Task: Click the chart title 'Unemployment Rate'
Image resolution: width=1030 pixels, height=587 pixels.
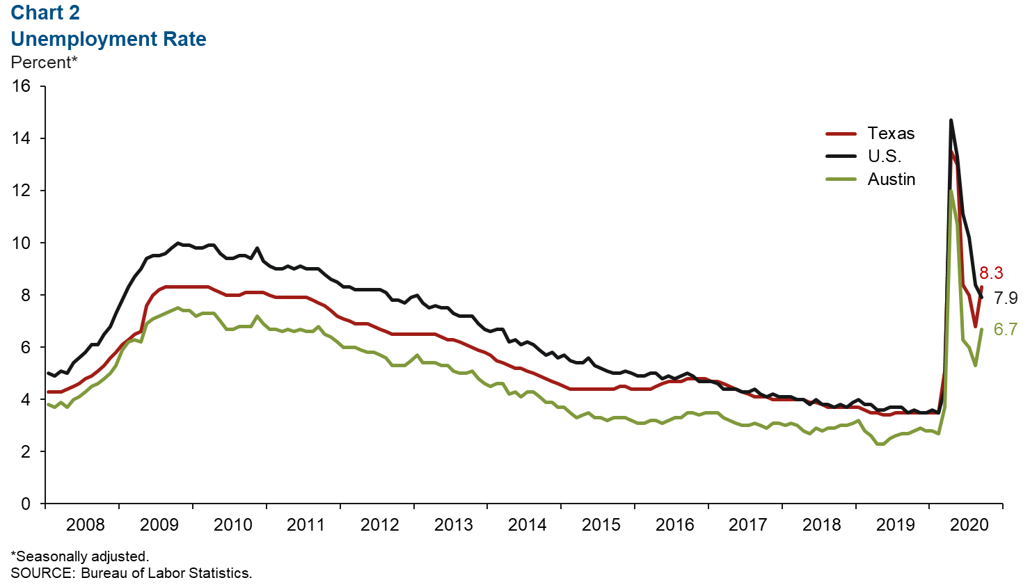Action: tap(109, 39)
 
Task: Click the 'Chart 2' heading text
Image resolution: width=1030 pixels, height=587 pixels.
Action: tap(45, 13)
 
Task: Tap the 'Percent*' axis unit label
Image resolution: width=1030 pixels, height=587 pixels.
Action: tap(44, 63)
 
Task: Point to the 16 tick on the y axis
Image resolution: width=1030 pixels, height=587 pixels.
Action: tap(22, 86)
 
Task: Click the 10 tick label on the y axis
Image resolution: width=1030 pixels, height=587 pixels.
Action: tap(22, 243)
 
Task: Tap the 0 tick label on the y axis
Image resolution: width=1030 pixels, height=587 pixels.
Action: tap(26, 504)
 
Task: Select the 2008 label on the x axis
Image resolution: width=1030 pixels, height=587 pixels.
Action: tap(85, 524)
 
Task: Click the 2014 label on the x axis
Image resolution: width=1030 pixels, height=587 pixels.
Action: tap(527, 524)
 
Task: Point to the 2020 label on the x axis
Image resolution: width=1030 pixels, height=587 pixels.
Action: tap(969, 524)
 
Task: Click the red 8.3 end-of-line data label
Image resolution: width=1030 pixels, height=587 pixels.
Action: tap(991, 273)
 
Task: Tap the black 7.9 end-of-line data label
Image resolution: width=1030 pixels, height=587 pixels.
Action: tap(1006, 298)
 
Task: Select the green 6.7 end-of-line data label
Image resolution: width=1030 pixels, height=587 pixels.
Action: tap(1006, 329)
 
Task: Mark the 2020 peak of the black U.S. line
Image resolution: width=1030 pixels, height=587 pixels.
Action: tap(951, 120)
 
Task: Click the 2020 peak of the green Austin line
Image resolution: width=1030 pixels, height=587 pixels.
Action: tap(951, 191)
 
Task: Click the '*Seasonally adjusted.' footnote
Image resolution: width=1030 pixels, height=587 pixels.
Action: tap(79, 556)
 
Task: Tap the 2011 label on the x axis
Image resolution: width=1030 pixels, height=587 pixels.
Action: tap(306, 524)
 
